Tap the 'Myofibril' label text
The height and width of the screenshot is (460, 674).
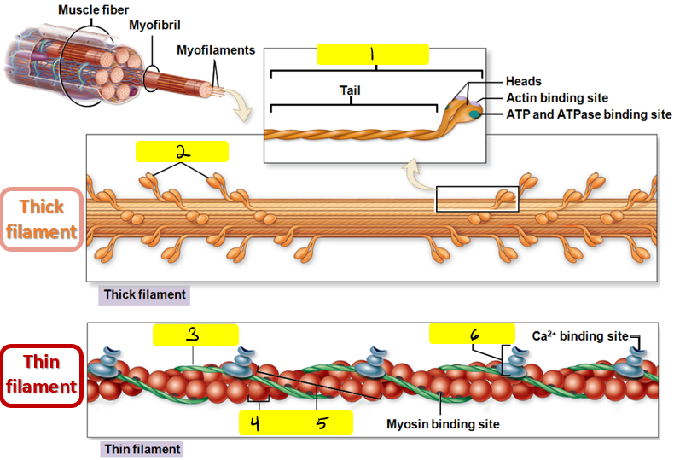[154, 26]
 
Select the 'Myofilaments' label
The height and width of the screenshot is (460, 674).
[216, 50]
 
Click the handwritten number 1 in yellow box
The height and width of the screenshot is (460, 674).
[372, 54]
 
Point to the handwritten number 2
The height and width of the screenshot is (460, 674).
[182, 151]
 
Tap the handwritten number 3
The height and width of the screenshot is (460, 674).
[194, 335]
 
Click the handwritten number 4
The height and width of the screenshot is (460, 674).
[254, 422]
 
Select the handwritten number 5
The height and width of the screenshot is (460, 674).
[320, 422]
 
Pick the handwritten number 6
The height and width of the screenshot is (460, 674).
[473, 334]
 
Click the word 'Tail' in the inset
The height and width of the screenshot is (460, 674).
[350, 91]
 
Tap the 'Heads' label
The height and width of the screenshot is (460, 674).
[523, 82]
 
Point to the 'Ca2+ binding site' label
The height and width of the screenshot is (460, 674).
[581, 335]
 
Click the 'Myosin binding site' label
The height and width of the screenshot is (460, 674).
[443, 424]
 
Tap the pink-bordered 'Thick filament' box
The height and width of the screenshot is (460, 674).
[48, 219]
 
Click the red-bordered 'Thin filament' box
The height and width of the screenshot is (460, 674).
[42, 375]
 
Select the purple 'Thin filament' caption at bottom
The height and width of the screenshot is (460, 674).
[142, 449]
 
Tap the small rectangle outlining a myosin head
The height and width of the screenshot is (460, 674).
[476, 199]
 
